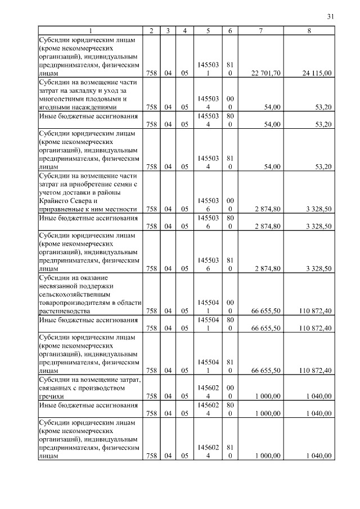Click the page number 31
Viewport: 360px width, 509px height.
pyautogui.click(x=330, y=17)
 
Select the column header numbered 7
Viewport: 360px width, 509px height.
pyautogui.click(x=260, y=30)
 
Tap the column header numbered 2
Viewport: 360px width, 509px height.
pyautogui.click(x=151, y=30)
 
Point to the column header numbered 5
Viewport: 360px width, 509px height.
pyautogui.click(x=208, y=30)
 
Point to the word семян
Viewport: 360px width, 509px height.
pyautogui.click(x=116, y=184)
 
